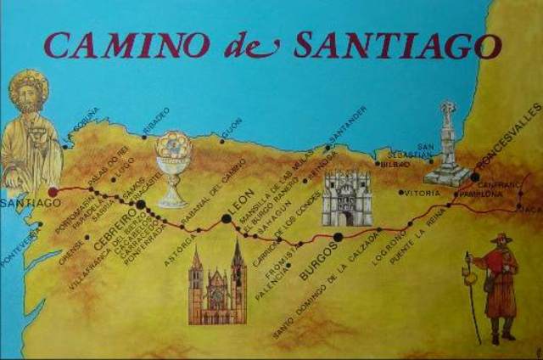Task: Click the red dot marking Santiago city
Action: pos(53,192)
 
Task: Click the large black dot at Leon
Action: pos(226,219)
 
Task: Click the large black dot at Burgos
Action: pos(339,237)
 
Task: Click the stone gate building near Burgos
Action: pos(346,198)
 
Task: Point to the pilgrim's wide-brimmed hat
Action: pos(501,239)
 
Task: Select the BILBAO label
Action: pos(396,164)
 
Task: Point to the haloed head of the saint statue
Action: pos(28,90)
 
